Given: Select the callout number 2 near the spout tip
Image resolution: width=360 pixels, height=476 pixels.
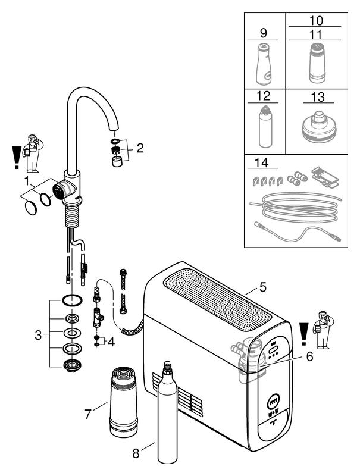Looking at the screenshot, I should [x=140, y=148].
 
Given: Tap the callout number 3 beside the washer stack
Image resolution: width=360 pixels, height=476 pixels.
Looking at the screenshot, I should [x=38, y=335].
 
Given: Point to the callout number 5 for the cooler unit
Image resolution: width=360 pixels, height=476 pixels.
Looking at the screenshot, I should [x=262, y=289].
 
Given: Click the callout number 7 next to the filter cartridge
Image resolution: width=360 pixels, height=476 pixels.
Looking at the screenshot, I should [x=88, y=412].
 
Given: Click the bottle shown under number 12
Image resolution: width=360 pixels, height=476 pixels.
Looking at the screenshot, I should [x=265, y=127].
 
